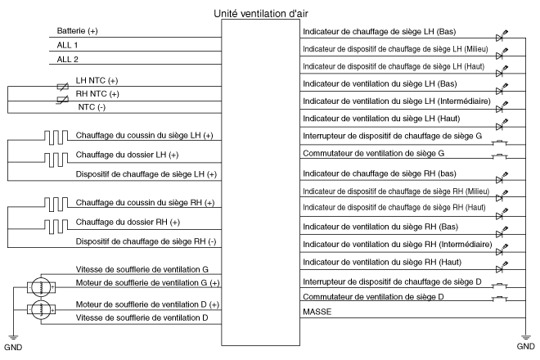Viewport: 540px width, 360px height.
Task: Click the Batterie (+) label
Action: click(78, 31)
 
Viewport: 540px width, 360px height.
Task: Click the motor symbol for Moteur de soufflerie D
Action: click(38, 309)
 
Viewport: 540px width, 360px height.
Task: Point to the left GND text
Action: click(13, 347)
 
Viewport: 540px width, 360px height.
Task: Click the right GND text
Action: click(526, 347)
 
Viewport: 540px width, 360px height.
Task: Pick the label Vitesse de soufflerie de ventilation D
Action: click(142, 317)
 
